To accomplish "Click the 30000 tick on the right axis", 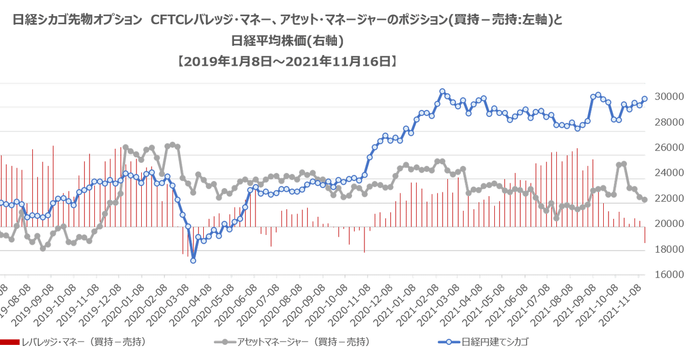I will coord(670,97).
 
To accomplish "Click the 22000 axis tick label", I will coord(670,198).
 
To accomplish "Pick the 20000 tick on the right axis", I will coord(670,223).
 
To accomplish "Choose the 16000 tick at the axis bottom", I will coord(670,274).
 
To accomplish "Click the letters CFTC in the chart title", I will coord(162,20).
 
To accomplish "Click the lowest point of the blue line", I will coord(192,261).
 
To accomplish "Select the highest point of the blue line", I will coord(442,92).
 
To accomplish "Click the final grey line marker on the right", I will coord(645,199).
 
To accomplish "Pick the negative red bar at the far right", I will coord(645,235).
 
